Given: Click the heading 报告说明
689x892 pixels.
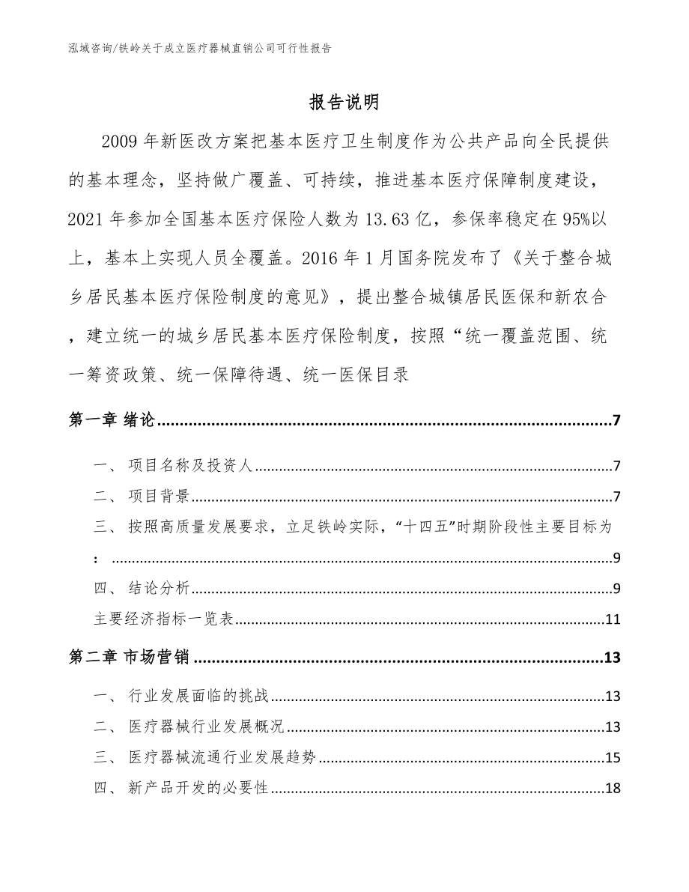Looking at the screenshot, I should [344, 102].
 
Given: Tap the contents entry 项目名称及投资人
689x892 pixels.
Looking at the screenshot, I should [192, 467].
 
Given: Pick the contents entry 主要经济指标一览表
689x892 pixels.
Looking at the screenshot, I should [163, 619].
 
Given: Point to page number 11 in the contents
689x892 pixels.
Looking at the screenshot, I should [612, 619].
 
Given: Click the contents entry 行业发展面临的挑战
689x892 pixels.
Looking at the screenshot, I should [198, 698].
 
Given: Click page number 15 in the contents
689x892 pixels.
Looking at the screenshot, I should [612, 758].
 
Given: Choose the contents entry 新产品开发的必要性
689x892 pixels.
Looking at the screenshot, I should [198, 788].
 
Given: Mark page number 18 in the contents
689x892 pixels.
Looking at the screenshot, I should [612, 788].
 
